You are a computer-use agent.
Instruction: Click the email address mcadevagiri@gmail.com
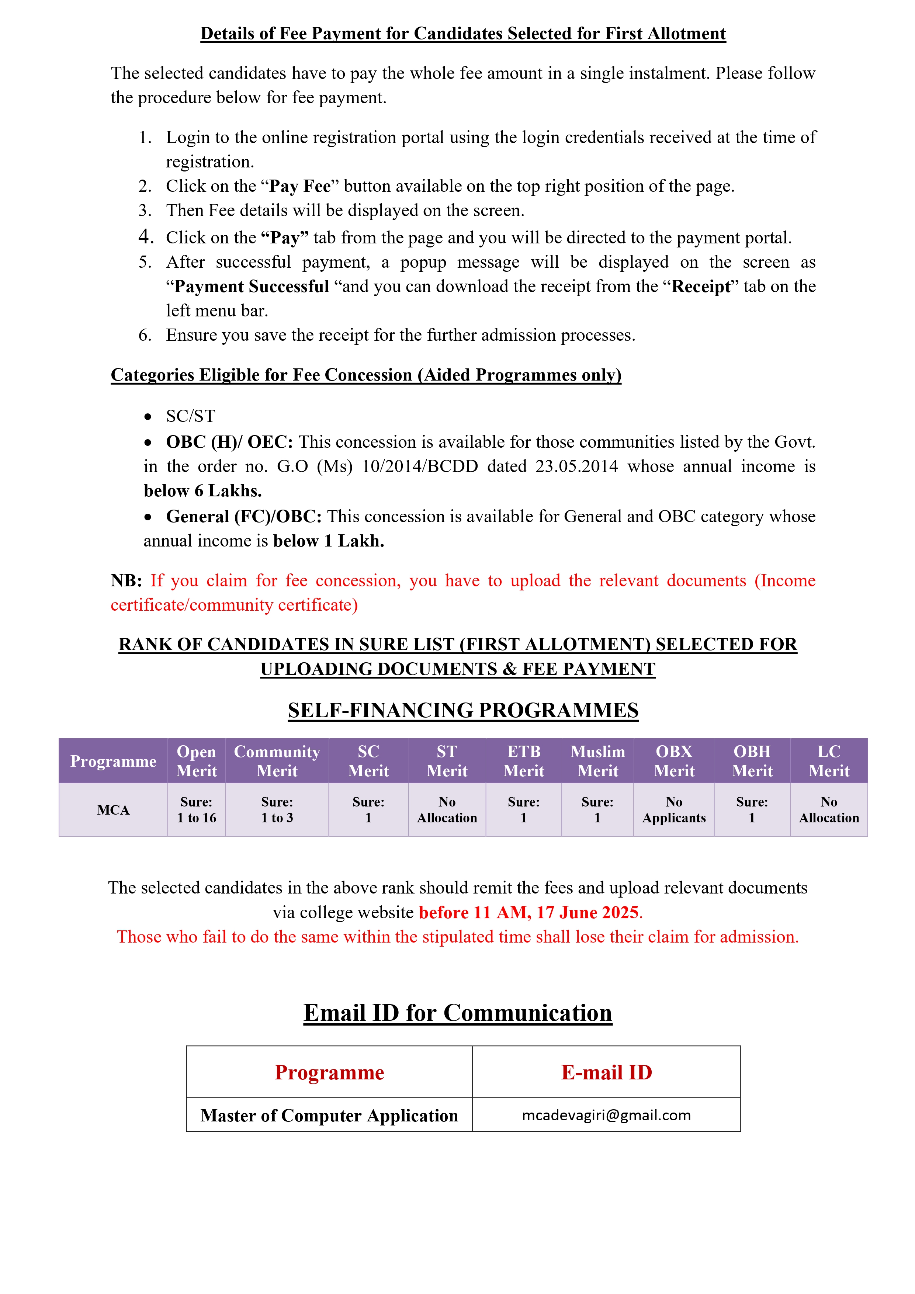click(606, 1116)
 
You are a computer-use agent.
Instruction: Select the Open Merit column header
click(196, 761)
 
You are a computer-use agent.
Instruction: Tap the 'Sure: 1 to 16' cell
click(196, 810)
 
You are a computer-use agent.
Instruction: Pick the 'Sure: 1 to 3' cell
click(277, 810)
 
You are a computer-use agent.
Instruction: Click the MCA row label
click(113, 810)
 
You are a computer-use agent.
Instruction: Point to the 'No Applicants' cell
click(674, 810)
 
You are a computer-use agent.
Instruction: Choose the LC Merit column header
click(829, 761)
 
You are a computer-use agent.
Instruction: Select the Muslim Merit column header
click(597, 761)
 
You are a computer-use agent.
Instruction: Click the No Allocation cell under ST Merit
click(447, 810)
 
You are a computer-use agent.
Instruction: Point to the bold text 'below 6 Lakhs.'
click(203, 491)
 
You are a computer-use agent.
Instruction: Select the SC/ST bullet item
click(191, 416)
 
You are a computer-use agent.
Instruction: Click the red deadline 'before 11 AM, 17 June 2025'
click(529, 912)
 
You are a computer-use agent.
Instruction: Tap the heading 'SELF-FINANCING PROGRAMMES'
click(463, 711)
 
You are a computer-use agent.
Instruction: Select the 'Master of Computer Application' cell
click(329, 1116)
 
